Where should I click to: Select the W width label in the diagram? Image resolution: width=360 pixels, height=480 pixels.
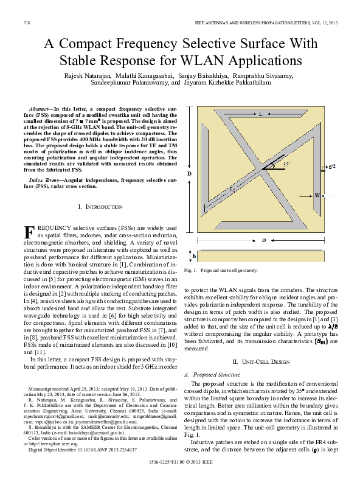click(x=317, y=196)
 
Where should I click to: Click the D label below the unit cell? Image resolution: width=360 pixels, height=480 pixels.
click(x=263, y=241)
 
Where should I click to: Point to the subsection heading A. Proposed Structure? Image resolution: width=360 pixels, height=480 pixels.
click(x=213, y=374)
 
